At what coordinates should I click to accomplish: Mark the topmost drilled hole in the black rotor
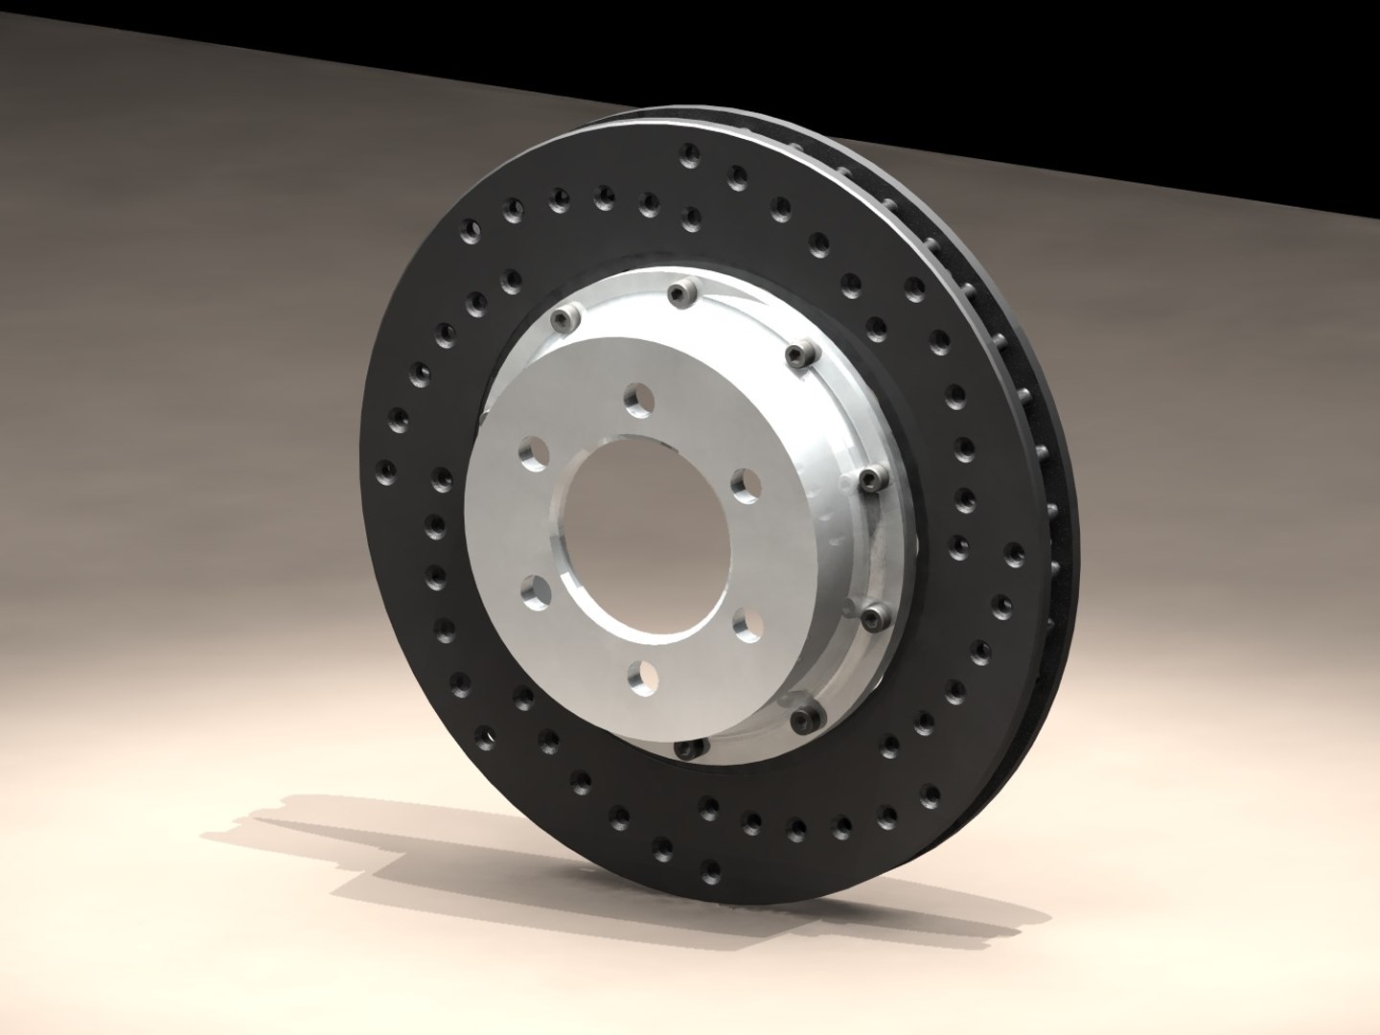click(x=687, y=152)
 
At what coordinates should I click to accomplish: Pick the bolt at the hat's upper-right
click(x=798, y=356)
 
